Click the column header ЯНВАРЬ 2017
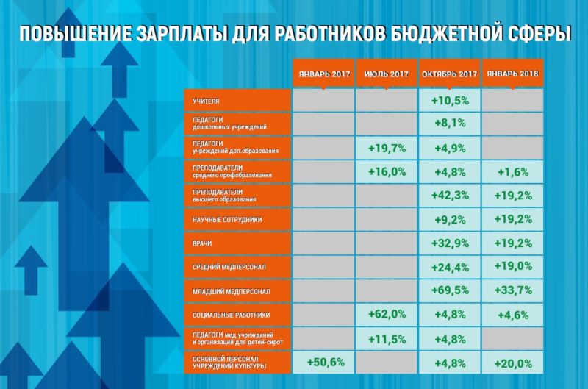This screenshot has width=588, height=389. point(323,74)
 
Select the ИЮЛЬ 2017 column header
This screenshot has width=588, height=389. point(386,74)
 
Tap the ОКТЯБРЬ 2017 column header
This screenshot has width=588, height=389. point(449,74)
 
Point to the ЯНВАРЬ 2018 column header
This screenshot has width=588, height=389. point(512,74)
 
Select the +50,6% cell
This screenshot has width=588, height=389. point(323,362)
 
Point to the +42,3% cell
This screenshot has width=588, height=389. point(449,196)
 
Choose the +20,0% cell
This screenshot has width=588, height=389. point(512,362)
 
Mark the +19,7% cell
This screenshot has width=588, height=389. point(386,148)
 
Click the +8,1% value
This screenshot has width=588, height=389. point(449,124)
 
